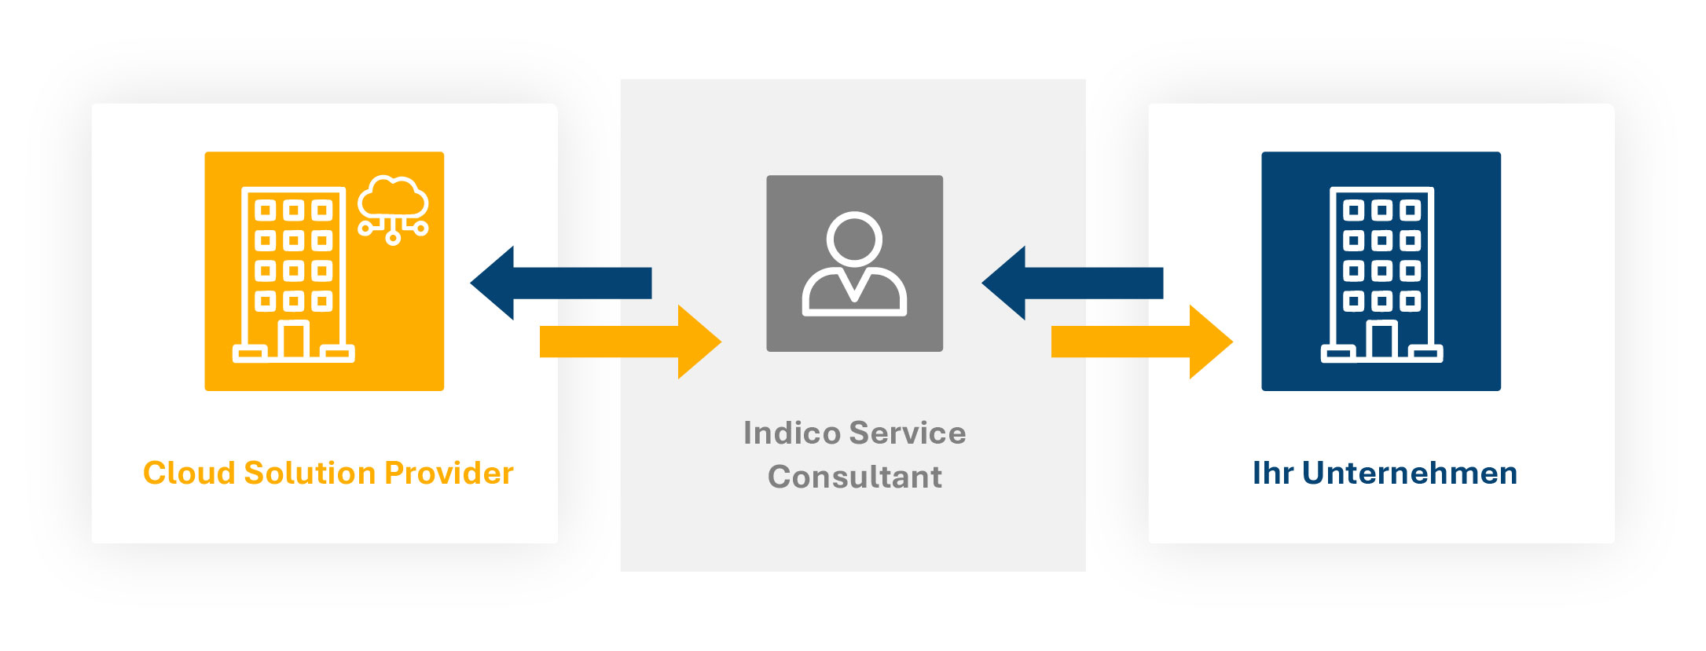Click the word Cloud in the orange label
click(x=189, y=474)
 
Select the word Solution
click(x=310, y=474)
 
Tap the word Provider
click(x=449, y=474)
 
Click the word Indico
click(x=791, y=433)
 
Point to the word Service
click(x=908, y=433)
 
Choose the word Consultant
click(x=854, y=477)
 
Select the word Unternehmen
click(x=1409, y=474)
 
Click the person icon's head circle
click(x=854, y=238)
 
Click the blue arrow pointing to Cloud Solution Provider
click(x=559, y=283)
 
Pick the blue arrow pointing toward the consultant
click(x=1071, y=283)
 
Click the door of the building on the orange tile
click(x=293, y=340)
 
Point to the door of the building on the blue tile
click(x=1381, y=340)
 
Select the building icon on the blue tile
click(x=1381, y=274)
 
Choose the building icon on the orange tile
click(x=293, y=274)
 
